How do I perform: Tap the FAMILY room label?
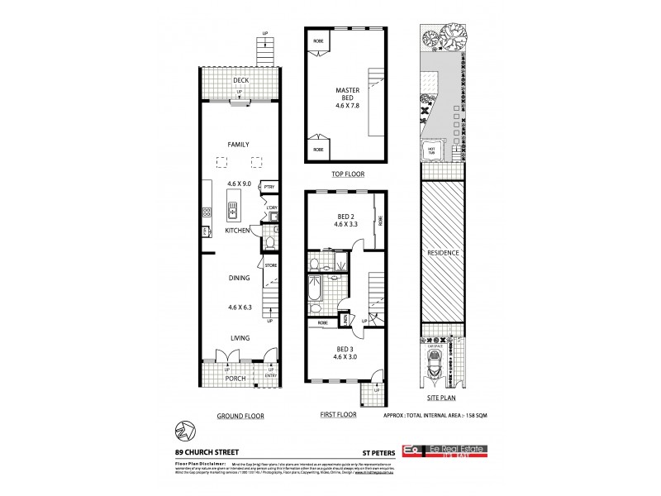point(239,144)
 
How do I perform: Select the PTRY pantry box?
point(269,188)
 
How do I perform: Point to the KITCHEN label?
point(238,231)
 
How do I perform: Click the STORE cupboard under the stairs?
point(269,265)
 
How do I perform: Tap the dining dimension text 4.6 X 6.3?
point(240,308)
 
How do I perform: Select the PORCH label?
point(239,380)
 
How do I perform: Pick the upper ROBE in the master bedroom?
point(317,41)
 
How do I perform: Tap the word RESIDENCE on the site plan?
point(444,251)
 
